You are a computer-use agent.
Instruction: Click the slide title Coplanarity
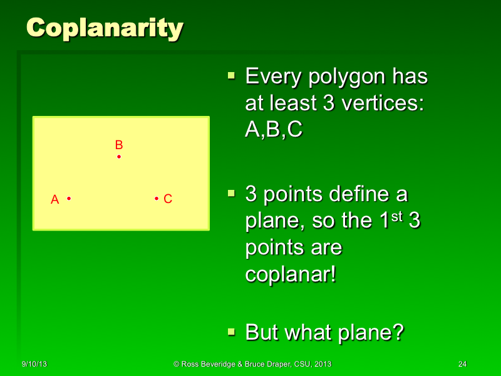click(105, 28)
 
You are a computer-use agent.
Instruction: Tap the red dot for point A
click(69, 199)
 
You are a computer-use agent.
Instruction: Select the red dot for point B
click(118, 156)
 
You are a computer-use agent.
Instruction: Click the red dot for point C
click(156, 199)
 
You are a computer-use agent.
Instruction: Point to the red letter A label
click(54, 199)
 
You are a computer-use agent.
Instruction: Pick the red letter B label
click(118, 145)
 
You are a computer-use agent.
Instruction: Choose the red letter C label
click(168, 199)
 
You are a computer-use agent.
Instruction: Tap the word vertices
click(377, 104)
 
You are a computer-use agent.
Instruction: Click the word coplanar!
click(291, 274)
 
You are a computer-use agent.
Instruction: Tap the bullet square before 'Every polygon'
click(231, 76)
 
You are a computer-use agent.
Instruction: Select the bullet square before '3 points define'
click(231, 193)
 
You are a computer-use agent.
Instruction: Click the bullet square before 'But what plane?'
click(231, 331)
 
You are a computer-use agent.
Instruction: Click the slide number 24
click(463, 364)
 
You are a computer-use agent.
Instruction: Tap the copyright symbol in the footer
click(177, 364)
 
